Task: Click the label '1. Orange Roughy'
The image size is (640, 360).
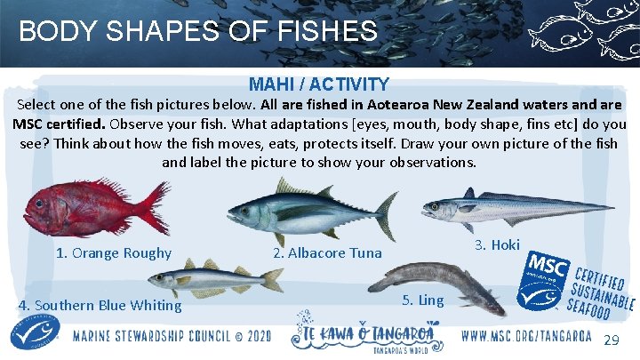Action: pos(114,252)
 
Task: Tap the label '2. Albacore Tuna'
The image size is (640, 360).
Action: pos(327,253)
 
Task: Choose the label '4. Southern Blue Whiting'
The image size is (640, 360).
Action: pos(100,306)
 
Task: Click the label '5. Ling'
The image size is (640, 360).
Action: pos(423,300)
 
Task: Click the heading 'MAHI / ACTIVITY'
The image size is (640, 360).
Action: pos(319,85)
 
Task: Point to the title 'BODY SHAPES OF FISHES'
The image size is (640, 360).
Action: pos(198,32)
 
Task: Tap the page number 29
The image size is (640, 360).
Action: pos(612,341)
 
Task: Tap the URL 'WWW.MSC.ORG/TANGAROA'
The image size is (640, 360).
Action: pos(527,337)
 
